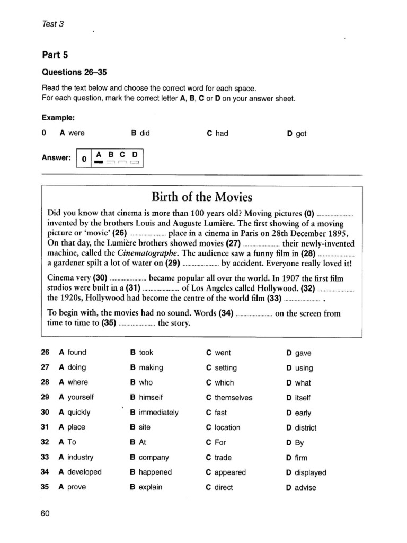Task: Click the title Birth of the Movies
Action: [x=201, y=197]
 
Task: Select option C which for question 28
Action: [x=220, y=382]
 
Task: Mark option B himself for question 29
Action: [x=146, y=397]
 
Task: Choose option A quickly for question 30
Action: [x=75, y=412]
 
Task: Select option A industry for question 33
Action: [x=76, y=457]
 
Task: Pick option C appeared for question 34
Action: [x=226, y=472]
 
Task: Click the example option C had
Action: [x=217, y=133]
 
